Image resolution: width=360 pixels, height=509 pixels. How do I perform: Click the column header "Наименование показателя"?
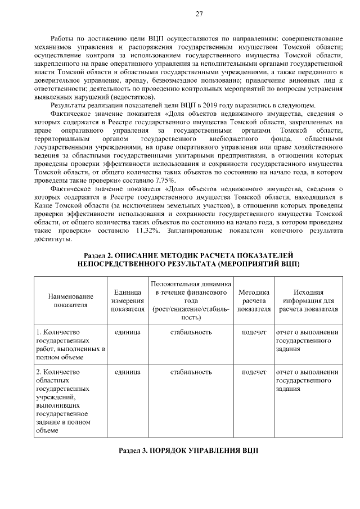[70, 300]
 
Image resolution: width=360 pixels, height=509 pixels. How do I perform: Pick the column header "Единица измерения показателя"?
[127, 300]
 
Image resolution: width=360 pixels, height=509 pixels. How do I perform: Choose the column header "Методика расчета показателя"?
[254, 300]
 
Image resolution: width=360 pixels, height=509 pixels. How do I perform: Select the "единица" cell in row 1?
[127, 332]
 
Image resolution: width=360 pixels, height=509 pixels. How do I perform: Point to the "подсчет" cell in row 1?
[254, 332]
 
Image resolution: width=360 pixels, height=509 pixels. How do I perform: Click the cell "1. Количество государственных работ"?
[70, 344]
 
